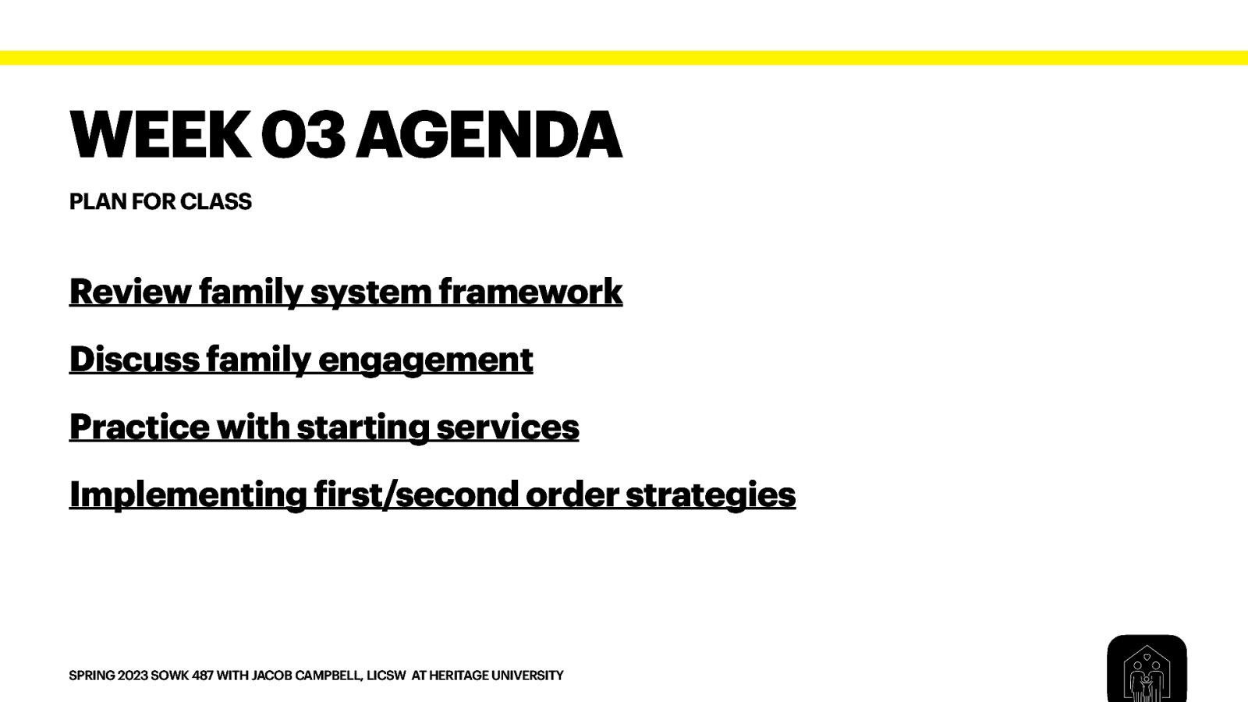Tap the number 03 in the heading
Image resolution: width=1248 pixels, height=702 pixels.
click(303, 135)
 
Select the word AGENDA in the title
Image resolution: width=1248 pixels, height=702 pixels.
click(489, 135)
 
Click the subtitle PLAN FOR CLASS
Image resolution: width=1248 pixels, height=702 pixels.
click(160, 202)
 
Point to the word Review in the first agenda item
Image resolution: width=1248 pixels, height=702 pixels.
click(129, 292)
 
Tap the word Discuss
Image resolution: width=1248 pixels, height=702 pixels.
click(134, 360)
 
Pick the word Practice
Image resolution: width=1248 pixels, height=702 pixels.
click(139, 427)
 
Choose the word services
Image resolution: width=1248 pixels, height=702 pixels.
click(507, 427)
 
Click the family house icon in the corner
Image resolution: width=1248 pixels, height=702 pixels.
click(1146, 670)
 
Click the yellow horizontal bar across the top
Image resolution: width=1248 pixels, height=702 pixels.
click(624, 58)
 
